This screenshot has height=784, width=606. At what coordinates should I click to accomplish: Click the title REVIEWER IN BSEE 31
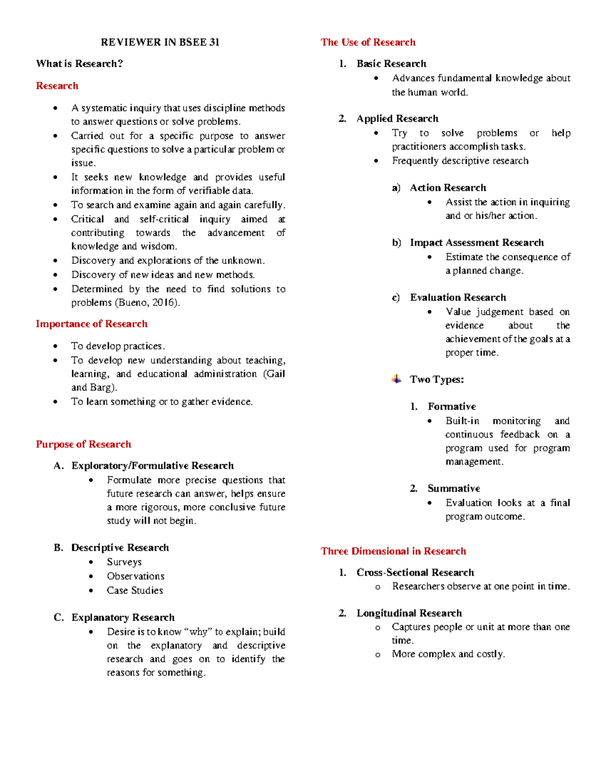[x=160, y=42]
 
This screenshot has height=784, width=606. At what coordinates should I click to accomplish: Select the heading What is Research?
[x=79, y=64]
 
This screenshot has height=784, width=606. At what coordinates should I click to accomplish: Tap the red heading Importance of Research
[x=91, y=324]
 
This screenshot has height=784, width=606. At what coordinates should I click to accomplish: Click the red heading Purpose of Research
[x=83, y=444]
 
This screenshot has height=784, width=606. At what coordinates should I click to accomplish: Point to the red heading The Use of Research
[x=368, y=42]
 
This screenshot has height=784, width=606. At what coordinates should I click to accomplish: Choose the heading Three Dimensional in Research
[x=393, y=551]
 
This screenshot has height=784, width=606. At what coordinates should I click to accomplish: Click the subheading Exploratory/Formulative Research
[x=153, y=465]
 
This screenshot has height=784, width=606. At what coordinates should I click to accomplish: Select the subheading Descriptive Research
[x=120, y=548]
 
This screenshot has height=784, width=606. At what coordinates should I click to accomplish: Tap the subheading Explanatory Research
[x=123, y=617]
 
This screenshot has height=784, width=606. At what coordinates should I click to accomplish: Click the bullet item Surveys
[x=124, y=562]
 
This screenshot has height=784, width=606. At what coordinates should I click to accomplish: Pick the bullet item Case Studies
[x=135, y=590]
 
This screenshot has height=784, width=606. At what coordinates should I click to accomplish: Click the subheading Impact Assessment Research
[x=477, y=243]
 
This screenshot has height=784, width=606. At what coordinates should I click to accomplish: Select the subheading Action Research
[x=448, y=188]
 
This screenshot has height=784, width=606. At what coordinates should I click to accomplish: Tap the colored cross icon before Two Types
[x=396, y=379]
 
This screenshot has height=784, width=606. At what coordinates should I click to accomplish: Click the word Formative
[x=451, y=406]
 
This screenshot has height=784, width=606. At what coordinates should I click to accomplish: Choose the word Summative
[x=453, y=488]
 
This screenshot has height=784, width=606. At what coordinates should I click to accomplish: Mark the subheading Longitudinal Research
[x=409, y=613]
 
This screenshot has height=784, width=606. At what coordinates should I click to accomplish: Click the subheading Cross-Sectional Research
[x=415, y=572]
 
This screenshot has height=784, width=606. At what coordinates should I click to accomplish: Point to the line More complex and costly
[x=448, y=654]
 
